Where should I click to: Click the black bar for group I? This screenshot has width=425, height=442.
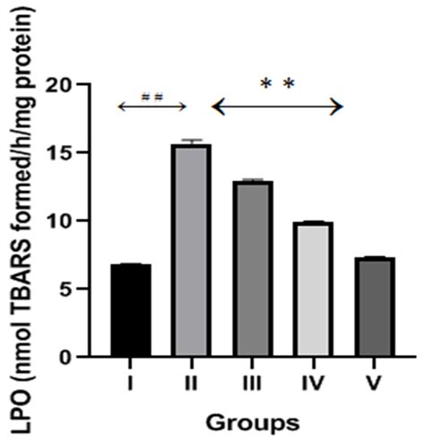click(x=131, y=310)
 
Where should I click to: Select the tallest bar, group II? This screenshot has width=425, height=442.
click(x=190, y=250)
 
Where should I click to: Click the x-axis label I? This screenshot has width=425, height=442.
click(x=131, y=384)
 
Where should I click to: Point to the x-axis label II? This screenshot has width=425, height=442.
click(x=190, y=384)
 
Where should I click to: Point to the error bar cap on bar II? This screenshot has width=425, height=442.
click(x=190, y=141)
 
